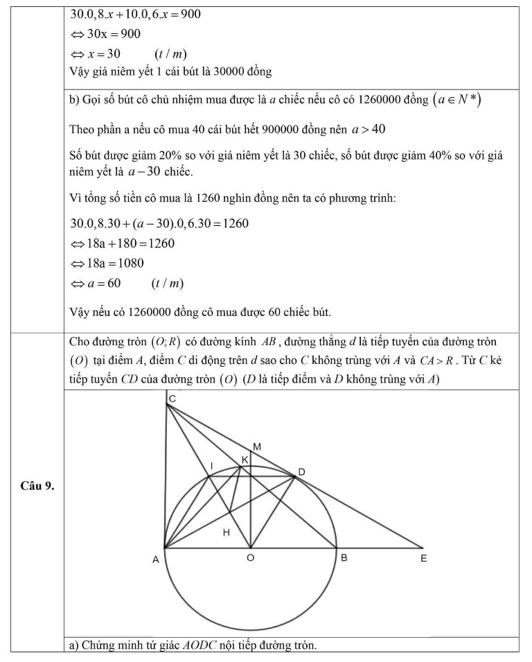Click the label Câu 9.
[x=37, y=485]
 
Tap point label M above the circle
[x=257, y=447]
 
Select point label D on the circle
[x=301, y=472]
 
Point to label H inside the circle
[x=226, y=532]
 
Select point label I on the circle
[x=212, y=464]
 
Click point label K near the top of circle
[x=245, y=460]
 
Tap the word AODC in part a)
[x=199, y=646]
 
